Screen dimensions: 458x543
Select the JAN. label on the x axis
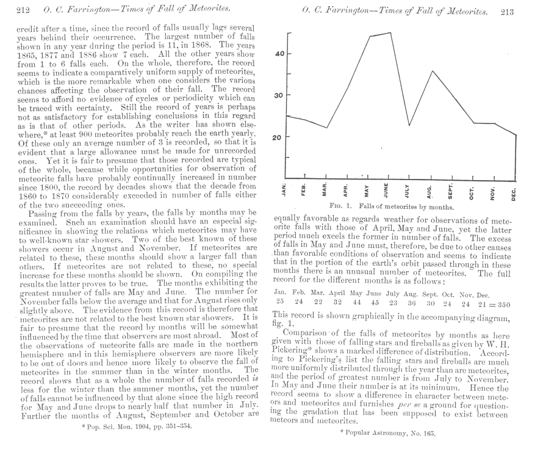point(285,190)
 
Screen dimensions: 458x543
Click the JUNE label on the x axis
point(388,189)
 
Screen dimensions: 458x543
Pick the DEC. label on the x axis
point(514,194)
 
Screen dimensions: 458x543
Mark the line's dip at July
point(409,126)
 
